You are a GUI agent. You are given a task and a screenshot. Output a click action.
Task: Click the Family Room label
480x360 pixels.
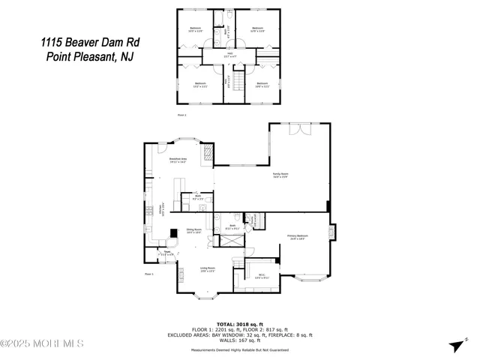[x=280, y=175]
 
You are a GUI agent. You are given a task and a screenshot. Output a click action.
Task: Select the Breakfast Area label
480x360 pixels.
[x=178, y=160]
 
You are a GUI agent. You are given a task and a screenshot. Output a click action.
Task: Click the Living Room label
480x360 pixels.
[x=207, y=269]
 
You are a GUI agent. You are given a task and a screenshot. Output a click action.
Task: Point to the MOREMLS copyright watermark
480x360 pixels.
[x=42, y=343]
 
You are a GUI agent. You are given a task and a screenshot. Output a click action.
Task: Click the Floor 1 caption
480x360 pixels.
[x=148, y=274]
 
